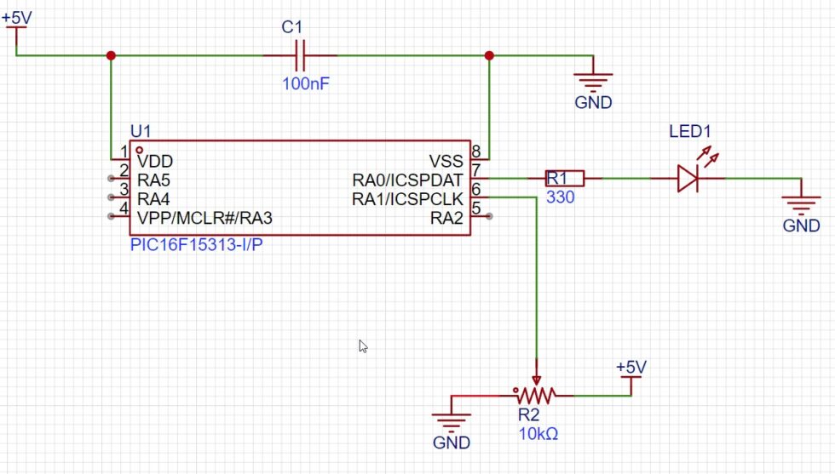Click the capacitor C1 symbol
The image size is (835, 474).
click(298, 56)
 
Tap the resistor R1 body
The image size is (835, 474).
click(565, 178)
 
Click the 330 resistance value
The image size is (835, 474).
click(561, 197)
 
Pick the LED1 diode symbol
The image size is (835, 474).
click(688, 179)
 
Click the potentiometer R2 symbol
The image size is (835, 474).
click(535, 394)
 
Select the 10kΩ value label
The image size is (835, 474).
click(538, 434)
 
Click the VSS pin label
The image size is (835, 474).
click(446, 161)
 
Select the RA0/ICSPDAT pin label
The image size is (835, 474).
click(407, 180)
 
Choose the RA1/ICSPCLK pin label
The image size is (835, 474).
click(407, 198)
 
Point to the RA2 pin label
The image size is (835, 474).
click(446, 217)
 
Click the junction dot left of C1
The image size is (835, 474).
click(111, 56)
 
